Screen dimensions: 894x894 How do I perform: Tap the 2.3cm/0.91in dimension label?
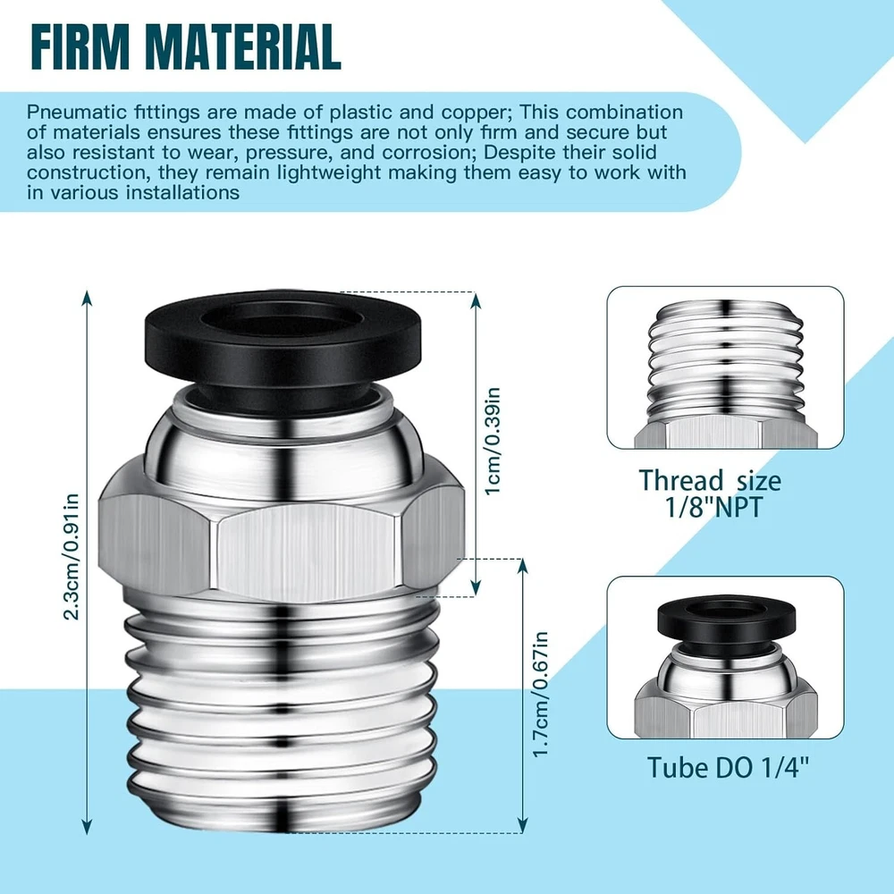71,556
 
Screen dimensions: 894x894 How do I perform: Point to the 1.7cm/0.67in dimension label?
540,695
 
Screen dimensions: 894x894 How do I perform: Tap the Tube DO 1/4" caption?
728,767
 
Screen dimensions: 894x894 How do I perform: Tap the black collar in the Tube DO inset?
726,622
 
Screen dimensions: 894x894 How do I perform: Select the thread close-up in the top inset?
726,367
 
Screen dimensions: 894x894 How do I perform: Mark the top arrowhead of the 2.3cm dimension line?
87,298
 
